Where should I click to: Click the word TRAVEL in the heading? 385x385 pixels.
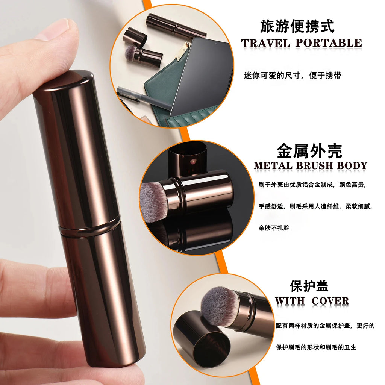point(265,43)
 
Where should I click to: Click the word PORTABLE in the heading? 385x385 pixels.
point(328,43)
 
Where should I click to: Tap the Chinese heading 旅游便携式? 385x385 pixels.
point(297,27)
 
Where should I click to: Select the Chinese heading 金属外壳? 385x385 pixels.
point(309,151)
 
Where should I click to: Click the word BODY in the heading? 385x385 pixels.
point(352,166)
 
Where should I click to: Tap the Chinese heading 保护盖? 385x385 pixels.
point(309,286)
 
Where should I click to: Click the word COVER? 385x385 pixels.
point(330,301)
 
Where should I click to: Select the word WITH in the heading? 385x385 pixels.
point(290,301)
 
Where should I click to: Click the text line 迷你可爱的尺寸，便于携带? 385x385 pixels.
point(293,76)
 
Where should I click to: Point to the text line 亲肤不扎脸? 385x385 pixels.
point(274,227)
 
